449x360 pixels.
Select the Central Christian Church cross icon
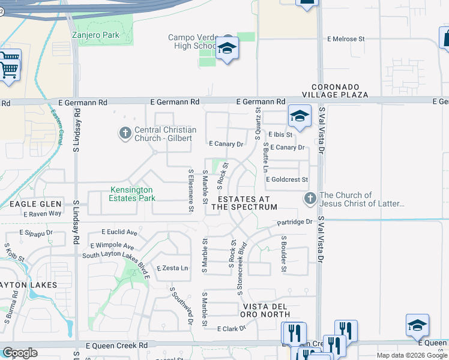(x=125, y=133)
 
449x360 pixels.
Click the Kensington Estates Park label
(x=132, y=194)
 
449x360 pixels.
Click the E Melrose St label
(x=346, y=39)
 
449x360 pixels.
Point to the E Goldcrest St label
(x=287, y=179)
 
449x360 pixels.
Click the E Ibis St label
(x=280, y=134)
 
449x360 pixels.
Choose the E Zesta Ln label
(x=172, y=268)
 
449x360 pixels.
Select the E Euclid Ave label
(x=119, y=232)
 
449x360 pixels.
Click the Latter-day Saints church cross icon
(x=310, y=197)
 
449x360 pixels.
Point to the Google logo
(x=20, y=353)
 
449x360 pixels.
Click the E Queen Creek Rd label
(x=116, y=346)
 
